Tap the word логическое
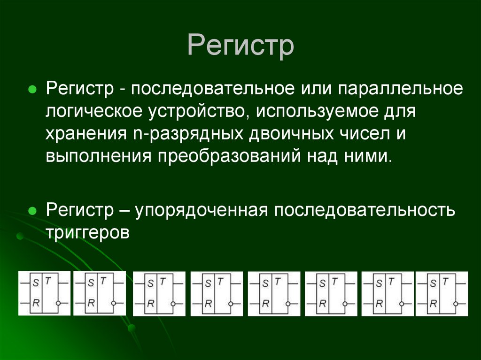[95, 112]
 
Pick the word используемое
[317, 112]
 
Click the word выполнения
[98, 156]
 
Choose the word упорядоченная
[202, 210]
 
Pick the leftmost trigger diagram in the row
[44, 293]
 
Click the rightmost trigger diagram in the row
[442, 293]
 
